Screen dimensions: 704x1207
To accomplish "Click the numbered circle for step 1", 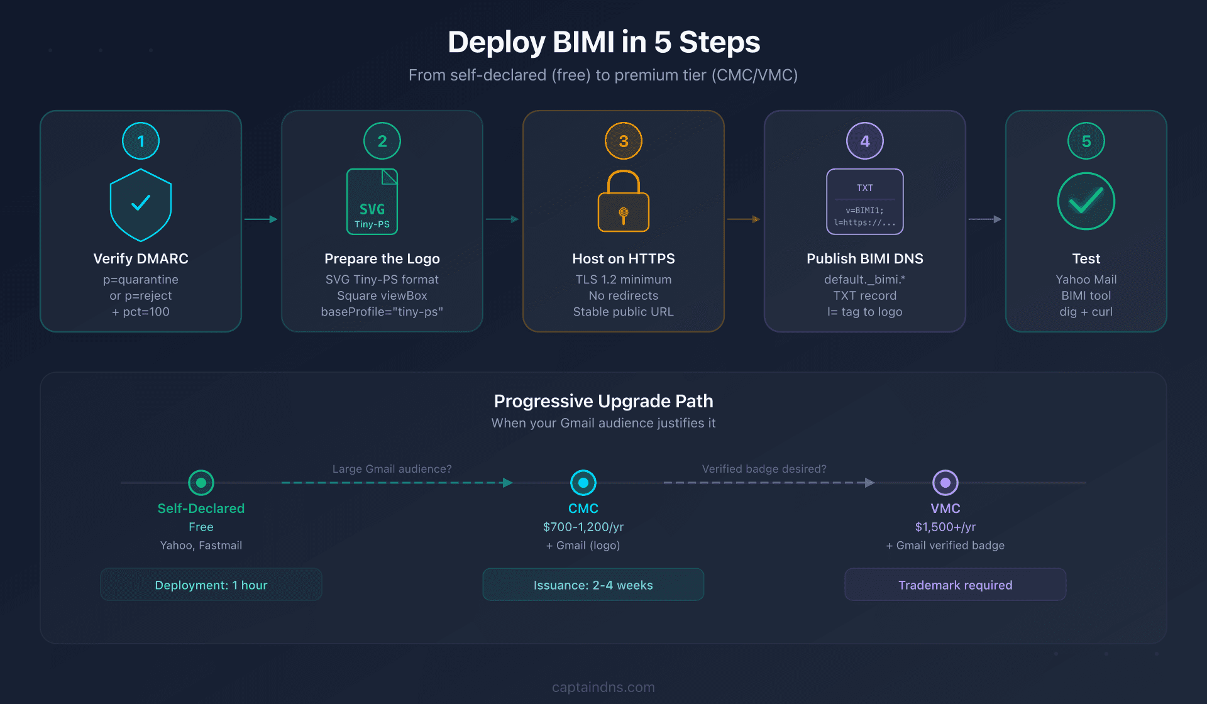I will click(x=141, y=141).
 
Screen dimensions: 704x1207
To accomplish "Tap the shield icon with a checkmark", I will click(x=141, y=205).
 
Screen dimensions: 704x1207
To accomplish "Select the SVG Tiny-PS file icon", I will click(x=372, y=202).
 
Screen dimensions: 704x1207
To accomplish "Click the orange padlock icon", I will click(x=624, y=202).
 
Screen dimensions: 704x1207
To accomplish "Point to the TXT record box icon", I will click(x=865, y=202).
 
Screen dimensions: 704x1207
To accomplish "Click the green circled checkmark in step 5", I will click(x=1086, y=201).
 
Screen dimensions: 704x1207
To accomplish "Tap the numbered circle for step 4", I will click(x=865, y=141).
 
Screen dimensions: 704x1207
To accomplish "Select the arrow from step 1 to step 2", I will click(x=261, y=219).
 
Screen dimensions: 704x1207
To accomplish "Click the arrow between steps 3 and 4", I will click(x=744, y=219).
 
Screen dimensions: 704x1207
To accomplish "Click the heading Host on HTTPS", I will click(x=624, y=258).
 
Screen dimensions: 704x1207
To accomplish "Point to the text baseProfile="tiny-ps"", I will click(x=382, y=312).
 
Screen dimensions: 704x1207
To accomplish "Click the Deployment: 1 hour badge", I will click(x=211, y=585).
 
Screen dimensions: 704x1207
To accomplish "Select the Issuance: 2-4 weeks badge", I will click(x=593, y=585).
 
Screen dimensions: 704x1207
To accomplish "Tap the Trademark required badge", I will click(x=956, y=585).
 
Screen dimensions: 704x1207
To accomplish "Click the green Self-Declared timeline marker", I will click(x=201, y=483).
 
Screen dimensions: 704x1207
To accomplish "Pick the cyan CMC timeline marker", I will click(x=583, y=483).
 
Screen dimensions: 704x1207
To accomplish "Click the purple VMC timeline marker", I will click(x=945, y=483).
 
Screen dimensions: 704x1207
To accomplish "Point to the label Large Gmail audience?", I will click(x=392, y=469).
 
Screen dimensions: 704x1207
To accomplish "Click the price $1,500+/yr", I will click(x=945, y=527).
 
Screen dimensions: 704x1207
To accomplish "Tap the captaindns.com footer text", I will click(x=603, y=687).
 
